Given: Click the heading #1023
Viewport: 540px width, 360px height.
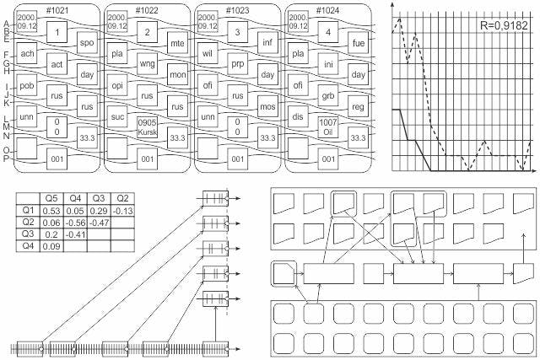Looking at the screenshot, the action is [237, 10].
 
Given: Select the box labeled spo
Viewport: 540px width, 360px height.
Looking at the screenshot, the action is [87, 43].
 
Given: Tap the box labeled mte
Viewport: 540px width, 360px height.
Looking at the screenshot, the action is [177, 43].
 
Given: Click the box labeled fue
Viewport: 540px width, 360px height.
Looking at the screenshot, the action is [358, 43].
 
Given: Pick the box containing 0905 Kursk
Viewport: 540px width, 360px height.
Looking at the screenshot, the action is [147, 127].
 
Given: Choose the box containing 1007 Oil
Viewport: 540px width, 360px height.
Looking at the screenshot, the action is [328, 127].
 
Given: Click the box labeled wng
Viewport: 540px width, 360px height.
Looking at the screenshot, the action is [147, 64].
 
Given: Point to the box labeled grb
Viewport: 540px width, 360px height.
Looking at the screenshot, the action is [328, 95].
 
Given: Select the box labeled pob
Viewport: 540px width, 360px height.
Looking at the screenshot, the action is [26, 85].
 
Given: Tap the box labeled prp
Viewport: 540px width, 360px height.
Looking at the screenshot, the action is [238, 64].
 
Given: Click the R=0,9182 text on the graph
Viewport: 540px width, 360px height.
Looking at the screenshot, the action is [504, 25].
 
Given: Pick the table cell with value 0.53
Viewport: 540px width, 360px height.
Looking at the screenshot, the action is [51, 211].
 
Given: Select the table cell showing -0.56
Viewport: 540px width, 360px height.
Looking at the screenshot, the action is [75, 223].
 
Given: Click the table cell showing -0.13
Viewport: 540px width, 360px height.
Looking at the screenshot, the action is [122, 211].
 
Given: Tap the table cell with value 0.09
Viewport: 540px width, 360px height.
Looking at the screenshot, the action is [51, 246].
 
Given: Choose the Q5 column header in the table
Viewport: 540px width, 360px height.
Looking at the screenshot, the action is [51, 199].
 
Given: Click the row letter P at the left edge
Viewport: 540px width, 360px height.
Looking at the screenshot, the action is [6, 159].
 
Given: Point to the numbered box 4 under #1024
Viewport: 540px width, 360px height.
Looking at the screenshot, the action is [328, 32].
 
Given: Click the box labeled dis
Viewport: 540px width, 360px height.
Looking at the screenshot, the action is [298, 116].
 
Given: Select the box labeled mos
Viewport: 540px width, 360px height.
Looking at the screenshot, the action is [267, 106].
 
